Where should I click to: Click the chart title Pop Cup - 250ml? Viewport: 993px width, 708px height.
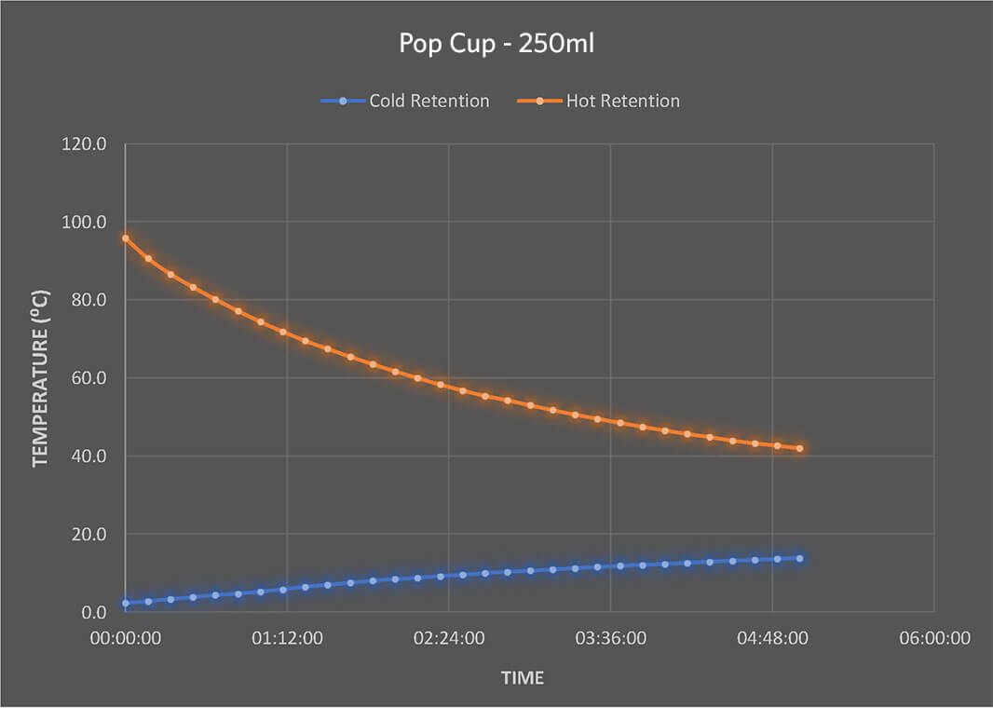(496, 45)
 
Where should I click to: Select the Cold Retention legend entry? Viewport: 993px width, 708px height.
(428, 101)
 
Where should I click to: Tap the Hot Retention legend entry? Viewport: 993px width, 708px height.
(622, 101)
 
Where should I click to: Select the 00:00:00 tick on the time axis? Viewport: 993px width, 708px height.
(125, 639)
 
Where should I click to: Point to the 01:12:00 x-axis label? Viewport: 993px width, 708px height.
(287, 639)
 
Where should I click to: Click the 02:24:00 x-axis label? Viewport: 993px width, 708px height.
(449, 639)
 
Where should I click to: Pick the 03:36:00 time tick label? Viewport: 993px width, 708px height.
(610, 639)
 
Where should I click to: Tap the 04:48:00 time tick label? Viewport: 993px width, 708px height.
(772, 639)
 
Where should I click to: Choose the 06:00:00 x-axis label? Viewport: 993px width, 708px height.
(933, 639)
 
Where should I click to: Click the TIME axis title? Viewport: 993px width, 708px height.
(523, 678)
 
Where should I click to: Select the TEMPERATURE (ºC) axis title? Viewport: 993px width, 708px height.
(40, 377)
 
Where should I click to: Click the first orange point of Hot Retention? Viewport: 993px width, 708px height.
(126, 238)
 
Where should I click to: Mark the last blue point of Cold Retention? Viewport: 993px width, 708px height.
(799, 558)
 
